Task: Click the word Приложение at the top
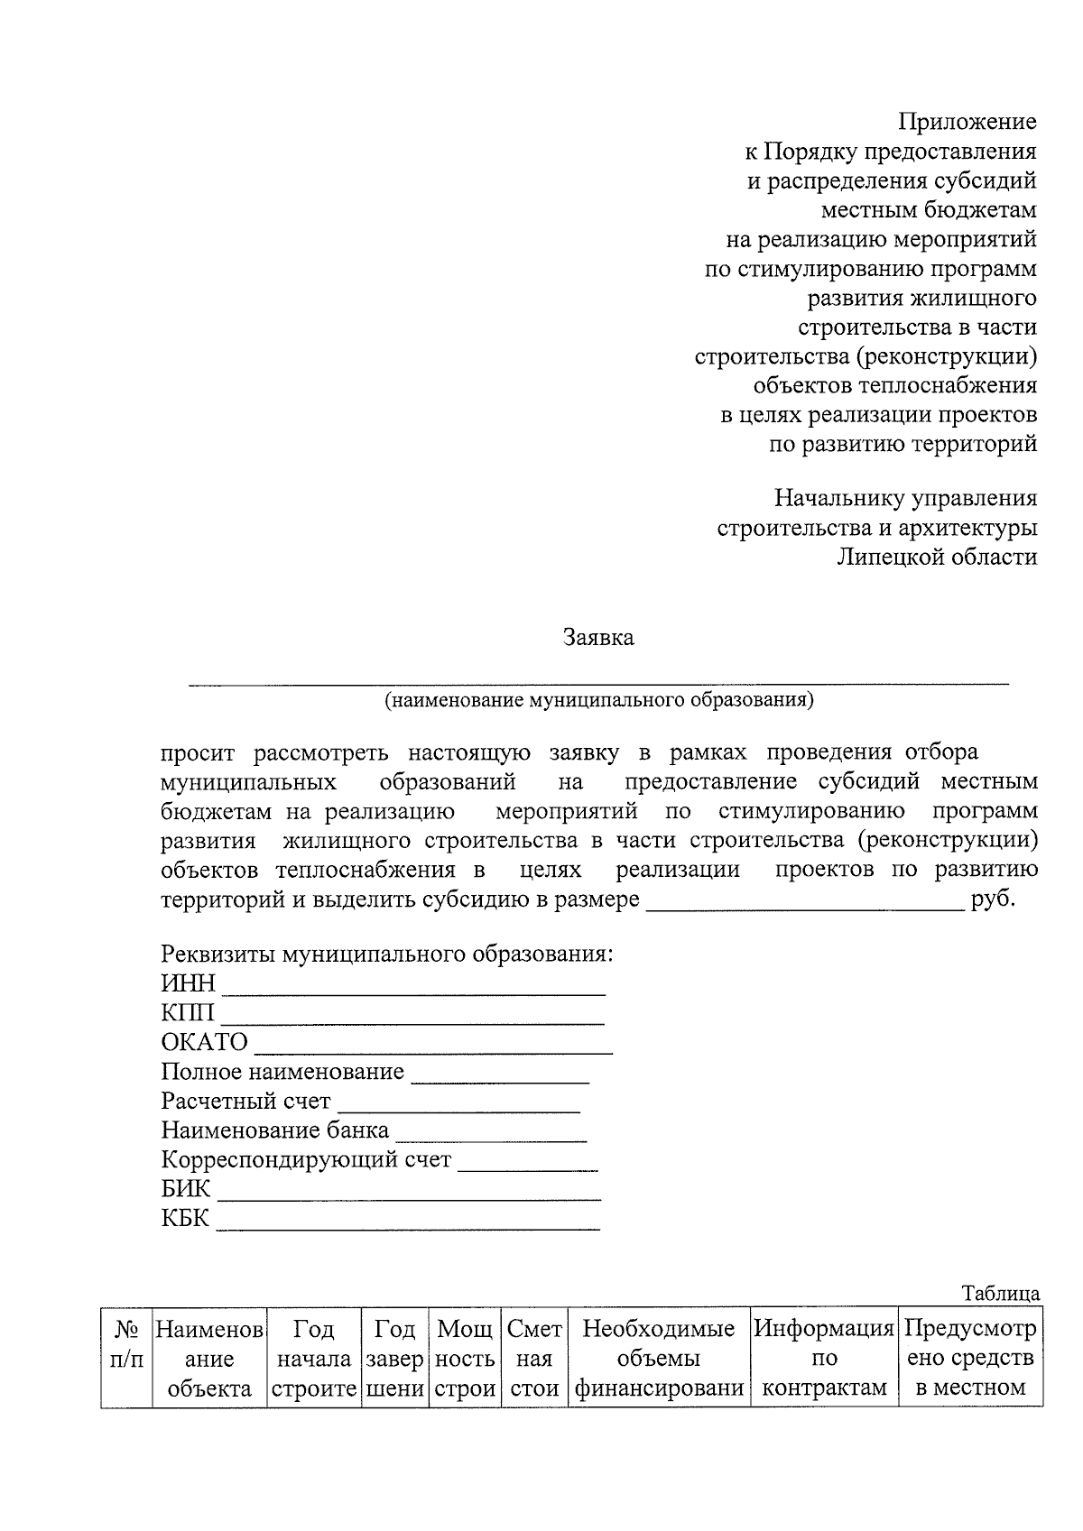(x=967, y=122)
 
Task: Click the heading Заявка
(x=598, y=638)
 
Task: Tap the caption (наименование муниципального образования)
(x=598, y=700)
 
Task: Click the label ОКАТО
(x=204, y=1043)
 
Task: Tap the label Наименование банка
(x=274, y=1130)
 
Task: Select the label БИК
(x=185, y=1189)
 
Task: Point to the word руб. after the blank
(x=993, y=900)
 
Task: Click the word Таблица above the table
(x=1000, y=1294)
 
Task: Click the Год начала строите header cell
(x=314, y=1358)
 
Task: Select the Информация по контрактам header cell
(x=824, y=1358)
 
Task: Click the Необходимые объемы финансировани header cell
(x=659, y=1358)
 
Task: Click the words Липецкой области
(x=937, y=558)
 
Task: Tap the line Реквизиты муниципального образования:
(x=386, y=955)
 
